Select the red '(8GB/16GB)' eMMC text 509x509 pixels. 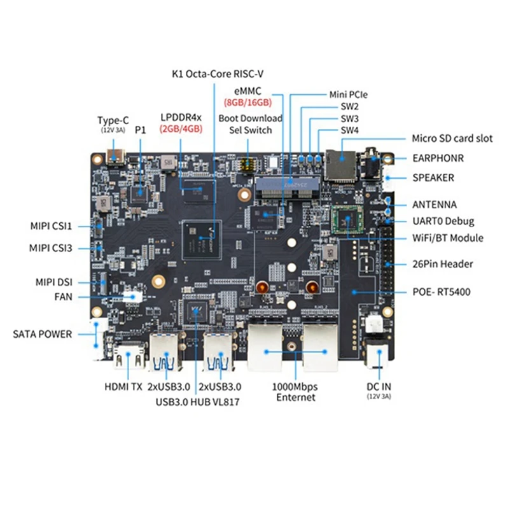click(248, 102)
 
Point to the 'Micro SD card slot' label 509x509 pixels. click(452, 138)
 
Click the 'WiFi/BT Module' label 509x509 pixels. click(448, 238)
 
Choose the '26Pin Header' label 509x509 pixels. click(443, 263)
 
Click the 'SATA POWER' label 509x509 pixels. click(43, 333)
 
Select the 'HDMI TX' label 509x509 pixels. click(123, 386)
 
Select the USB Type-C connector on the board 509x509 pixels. click(117, 157)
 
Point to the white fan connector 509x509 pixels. click(134, 295)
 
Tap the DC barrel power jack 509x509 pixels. click(375, 352)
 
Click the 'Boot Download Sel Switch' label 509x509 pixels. click(250, 124)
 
